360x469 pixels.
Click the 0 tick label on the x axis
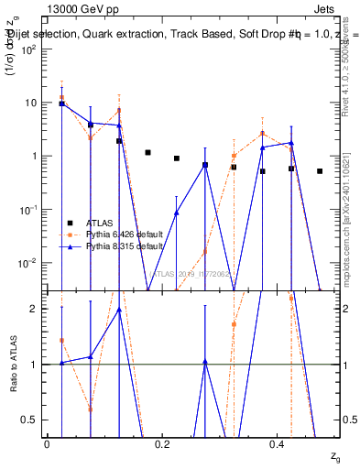click(x=47, y=443)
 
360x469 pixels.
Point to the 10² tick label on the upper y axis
click(x=28, y=49)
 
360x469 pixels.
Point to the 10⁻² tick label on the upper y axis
click(x=27, y=263)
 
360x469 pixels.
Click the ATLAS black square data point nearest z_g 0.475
click(x=320, y=171)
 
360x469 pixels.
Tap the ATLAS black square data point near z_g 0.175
click(x=147, y=153)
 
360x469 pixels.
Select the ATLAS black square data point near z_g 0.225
click(x=177, y=158)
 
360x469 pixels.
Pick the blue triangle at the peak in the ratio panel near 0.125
click(x=119, y=310)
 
